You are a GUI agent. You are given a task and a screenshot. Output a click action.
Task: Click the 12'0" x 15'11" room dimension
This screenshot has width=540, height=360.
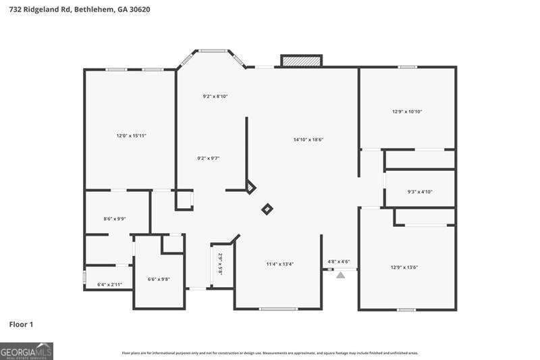(131, 136)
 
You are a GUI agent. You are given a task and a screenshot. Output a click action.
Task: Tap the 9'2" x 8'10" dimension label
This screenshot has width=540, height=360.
(215, 97)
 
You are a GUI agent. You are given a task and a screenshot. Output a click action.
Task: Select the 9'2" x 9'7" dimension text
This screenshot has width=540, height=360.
(209, 159)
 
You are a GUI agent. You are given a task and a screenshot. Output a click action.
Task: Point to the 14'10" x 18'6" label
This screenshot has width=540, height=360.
(308, 140)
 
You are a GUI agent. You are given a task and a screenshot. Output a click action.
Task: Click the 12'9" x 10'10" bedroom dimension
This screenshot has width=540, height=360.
(407, 111)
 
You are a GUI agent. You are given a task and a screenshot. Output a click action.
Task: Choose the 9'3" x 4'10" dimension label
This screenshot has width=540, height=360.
(420, 192)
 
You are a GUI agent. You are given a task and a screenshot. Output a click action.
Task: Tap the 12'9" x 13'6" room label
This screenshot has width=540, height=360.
(404, 267)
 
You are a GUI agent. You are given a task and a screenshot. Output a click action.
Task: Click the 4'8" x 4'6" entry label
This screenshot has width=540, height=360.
(338, 261)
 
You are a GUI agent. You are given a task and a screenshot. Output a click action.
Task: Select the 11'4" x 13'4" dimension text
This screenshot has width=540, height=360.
(279, 264)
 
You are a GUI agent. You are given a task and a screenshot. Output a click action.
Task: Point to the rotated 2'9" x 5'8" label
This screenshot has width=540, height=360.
(220, 264)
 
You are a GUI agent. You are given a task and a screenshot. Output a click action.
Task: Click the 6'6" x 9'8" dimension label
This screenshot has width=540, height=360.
(159, 279)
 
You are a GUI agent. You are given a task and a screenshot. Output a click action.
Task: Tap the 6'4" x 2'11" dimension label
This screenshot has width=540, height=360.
(109, 284)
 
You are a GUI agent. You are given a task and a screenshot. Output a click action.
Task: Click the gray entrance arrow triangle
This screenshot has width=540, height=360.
(340, 275)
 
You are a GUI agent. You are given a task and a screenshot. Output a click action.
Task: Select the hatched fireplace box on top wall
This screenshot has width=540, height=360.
(301, 61)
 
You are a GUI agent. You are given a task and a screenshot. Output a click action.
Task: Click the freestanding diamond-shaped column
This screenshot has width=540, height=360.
(267, 209)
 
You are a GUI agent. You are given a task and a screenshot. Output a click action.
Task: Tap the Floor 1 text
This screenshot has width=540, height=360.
(21, 325)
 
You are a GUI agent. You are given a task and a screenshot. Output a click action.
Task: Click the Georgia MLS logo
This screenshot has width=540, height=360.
(26, 351)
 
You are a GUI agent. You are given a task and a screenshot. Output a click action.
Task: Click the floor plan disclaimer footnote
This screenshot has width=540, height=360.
(270, 353)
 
